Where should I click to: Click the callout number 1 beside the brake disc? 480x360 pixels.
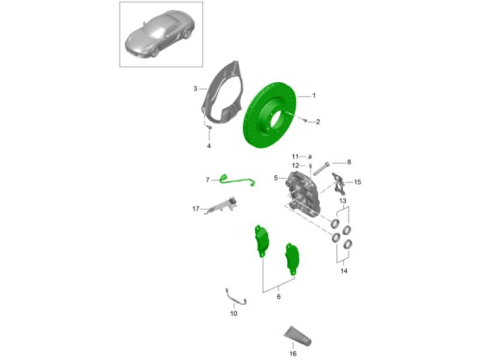tap(314, 96)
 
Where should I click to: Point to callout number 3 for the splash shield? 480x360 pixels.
tap(196, 89)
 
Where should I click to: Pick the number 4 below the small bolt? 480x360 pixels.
tap(209, 146)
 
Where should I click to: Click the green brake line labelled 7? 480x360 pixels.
tap(236, 181)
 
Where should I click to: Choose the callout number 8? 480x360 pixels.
tap(349, 162)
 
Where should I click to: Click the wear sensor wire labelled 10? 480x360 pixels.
tap(235, 298)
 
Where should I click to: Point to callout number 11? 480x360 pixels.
tap(295, 157)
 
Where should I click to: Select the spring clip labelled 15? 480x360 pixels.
tap(338, 184)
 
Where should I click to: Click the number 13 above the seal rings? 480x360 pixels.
tap(343, 201)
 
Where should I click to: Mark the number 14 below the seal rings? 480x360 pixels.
tap(344, 271)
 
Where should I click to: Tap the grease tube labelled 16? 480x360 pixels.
tap(298, 336)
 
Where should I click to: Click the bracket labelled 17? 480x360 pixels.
tap(221, 205)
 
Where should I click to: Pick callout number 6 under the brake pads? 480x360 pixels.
tap(278, 296)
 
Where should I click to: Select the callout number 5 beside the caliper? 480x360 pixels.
tap(276, 178)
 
